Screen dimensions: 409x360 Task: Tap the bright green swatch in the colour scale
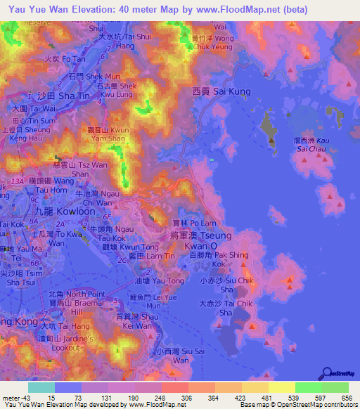pyautogui.click(x=308, y=387)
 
